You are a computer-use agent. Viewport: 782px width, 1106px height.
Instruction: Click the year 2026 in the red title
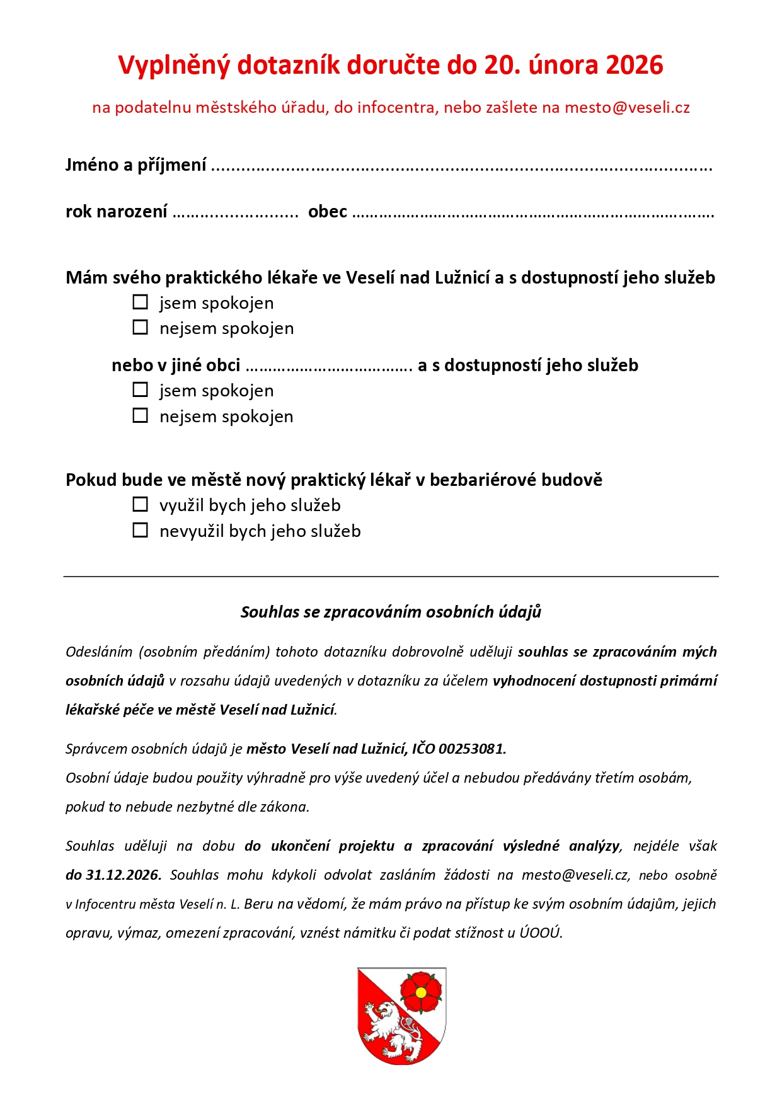(x=634, y=66)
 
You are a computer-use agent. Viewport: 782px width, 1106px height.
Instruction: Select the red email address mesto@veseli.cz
(x=627, y=108)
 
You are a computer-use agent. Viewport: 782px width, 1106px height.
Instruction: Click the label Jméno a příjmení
(x=136, y=165)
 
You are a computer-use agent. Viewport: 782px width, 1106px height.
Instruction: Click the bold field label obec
(x=328, y=212)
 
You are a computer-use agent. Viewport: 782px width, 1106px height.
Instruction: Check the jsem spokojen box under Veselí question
(x=141, y=302)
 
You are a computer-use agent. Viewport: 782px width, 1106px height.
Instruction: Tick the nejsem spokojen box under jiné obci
(x=141, y=416)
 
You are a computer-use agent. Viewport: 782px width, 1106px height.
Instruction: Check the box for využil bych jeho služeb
(x=141, y=505)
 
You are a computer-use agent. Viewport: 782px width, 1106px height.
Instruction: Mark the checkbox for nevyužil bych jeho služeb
(x=141, y=531)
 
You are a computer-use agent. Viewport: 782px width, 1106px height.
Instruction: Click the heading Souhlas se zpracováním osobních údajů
(x=391, y=612)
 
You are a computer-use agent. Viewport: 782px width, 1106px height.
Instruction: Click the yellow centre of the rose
(x=421, y=993)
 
